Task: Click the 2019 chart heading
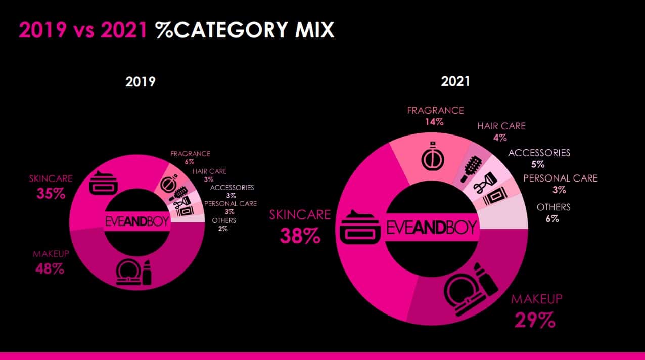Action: (140, 82)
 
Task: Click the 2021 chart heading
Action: (455, 81)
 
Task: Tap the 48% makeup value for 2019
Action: (50, 269)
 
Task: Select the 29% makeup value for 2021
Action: (535, 320)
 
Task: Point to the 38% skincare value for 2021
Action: (300, 236)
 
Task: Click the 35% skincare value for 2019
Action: (51, 193)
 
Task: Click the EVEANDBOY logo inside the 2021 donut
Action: (431, 228)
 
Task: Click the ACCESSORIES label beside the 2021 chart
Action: (539, 153)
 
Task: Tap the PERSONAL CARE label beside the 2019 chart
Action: (230, 204)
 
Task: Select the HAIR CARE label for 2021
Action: (501, 126)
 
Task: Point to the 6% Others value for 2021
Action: (552, 219)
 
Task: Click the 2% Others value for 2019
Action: (223, 229)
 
